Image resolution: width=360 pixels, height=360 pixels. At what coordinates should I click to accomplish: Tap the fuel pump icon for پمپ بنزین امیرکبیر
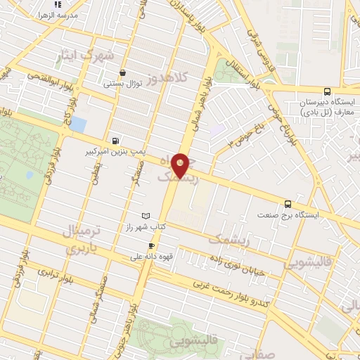[115, 139]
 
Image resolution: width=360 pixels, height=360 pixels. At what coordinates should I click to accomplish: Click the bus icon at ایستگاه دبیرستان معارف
[326, 92]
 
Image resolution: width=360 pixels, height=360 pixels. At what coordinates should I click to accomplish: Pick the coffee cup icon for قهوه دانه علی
[150, 245]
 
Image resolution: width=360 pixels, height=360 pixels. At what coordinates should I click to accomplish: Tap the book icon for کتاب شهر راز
[146, 215]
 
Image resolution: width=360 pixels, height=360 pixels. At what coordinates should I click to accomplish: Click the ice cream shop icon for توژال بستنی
[124, 72]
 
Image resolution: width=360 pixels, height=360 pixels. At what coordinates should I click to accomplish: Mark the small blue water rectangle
[78, 125]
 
